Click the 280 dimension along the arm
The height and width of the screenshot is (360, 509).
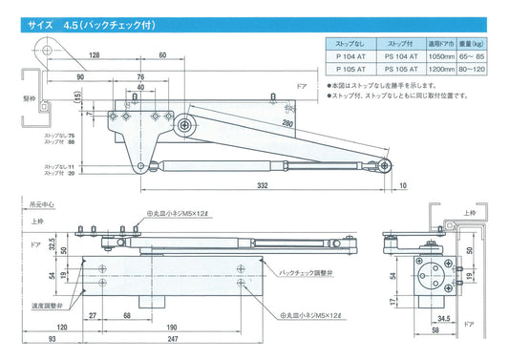pos(287,123)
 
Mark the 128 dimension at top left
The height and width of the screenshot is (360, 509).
pos(93,56)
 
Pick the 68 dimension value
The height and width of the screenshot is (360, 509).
pos(127,313)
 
